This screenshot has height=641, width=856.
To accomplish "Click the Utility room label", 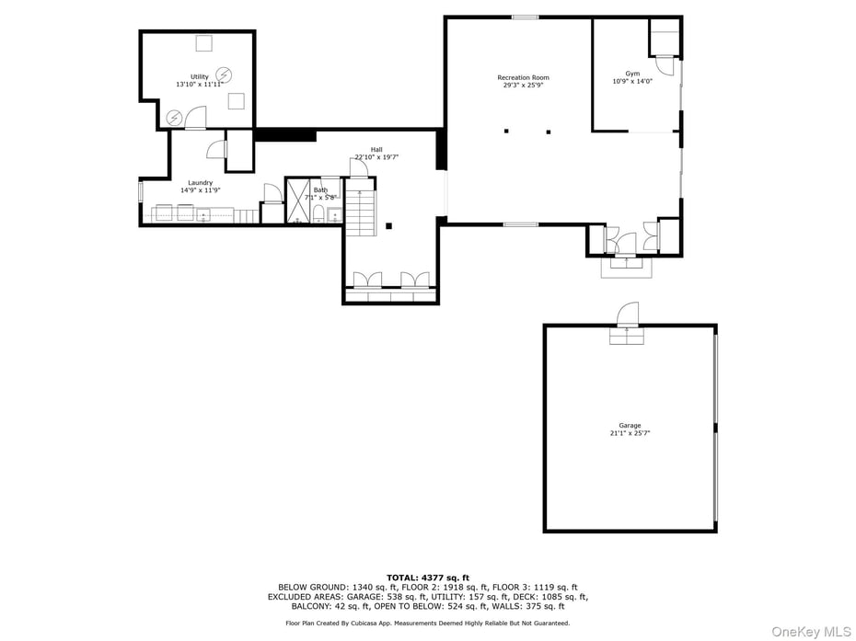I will click(200, 77).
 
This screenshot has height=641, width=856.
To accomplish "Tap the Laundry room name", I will click(201, 183).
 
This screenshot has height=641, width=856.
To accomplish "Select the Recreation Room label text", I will click(523, 78).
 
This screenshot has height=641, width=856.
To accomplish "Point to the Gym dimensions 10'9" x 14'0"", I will click(632, 81).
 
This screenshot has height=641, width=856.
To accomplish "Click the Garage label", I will click(630, 426).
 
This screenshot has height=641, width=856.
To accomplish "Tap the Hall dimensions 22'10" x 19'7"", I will click(376, 157).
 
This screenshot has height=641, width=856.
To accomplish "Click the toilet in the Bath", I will click(318, 214).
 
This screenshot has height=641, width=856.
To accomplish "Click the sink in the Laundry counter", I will click(202, 215).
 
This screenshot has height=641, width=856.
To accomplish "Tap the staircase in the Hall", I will click(361, 211).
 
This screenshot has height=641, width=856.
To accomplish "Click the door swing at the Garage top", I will click(629, 314).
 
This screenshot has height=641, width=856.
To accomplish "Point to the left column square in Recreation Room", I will click(506, 132).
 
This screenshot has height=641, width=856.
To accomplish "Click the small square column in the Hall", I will click(389, 225).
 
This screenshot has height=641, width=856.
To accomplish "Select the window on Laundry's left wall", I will click(141, 191).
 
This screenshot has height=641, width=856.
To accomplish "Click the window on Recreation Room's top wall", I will click(525, 17).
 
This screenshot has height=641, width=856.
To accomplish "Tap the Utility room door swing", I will click(194, 117).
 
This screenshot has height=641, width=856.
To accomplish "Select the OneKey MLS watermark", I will click(811, 631).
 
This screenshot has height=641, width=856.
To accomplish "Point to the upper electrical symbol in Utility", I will click(224, 74).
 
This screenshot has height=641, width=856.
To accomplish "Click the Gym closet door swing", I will click(664, 66).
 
